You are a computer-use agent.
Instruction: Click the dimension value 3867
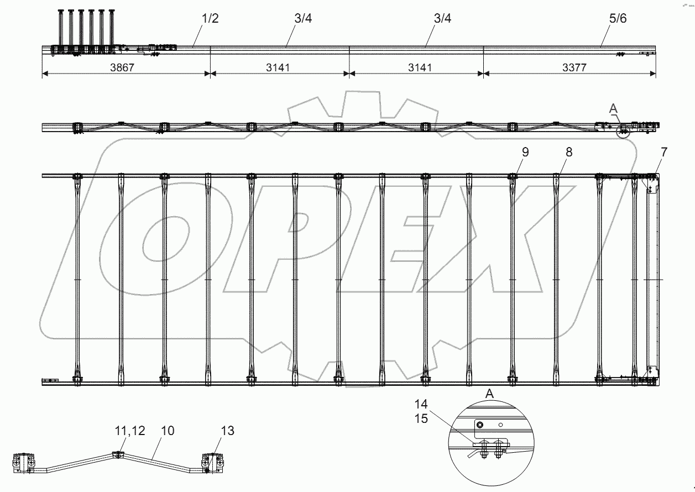tap(122, 67)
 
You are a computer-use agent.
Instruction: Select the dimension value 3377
tap(574, 67)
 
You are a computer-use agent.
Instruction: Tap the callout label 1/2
tap(210, 18)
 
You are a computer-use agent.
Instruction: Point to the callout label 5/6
tap(618, 18)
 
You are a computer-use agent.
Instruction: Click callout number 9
tap(525, 152)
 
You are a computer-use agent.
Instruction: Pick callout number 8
tap(569, 152)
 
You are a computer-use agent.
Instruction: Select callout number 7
tap(663, 152)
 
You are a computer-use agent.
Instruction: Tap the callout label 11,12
tap(130, 431)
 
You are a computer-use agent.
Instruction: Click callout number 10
tap(168, 431)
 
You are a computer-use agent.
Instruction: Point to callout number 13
tap(227, 431)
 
